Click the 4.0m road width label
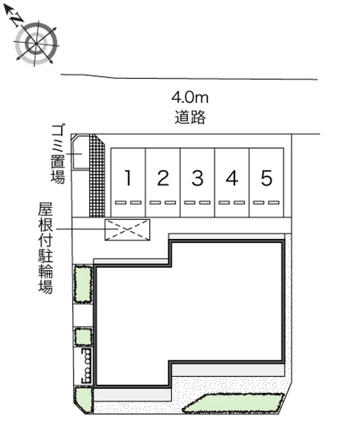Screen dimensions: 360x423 pos(190,98)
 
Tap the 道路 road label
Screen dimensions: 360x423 pos(190,117)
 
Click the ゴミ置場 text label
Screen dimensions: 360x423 pos(58,154)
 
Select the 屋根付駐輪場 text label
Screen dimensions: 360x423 pos(45,248)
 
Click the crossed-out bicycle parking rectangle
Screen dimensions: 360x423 pos(127,230)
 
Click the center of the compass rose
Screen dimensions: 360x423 pos(36,43)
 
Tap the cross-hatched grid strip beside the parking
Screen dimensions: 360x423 pos(97,176)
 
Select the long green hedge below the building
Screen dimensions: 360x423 pos(234,403)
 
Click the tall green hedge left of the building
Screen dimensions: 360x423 pos(83,284)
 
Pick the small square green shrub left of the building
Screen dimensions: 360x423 pos(83,337)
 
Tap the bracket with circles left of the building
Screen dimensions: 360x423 pos(86,366)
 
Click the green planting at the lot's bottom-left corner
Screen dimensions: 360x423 pos(83,400)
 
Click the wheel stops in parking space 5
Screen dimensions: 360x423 pos(266,203)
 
